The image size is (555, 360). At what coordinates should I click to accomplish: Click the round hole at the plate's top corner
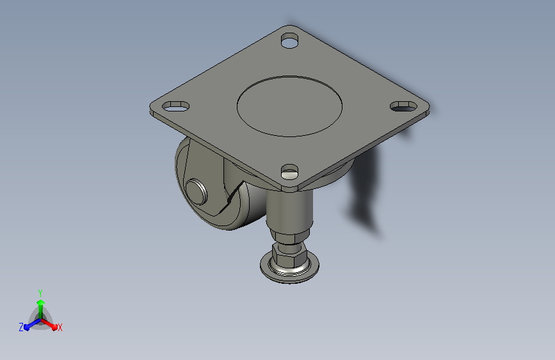pyautogui.click(x=289, y=40)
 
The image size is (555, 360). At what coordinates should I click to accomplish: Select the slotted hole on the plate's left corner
pyautogui.click(x=175, y=106)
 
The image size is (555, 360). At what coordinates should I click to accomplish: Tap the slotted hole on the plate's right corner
pyautogui.click(x=403, y=106)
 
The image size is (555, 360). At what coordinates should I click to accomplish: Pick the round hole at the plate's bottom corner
pyautogui.click(x=289, y=172)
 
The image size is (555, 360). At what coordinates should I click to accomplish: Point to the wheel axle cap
pyautogui.click(x=197, y=192)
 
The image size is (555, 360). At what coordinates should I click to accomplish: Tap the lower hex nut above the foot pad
pyautogui.click(x=289, y=256)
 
